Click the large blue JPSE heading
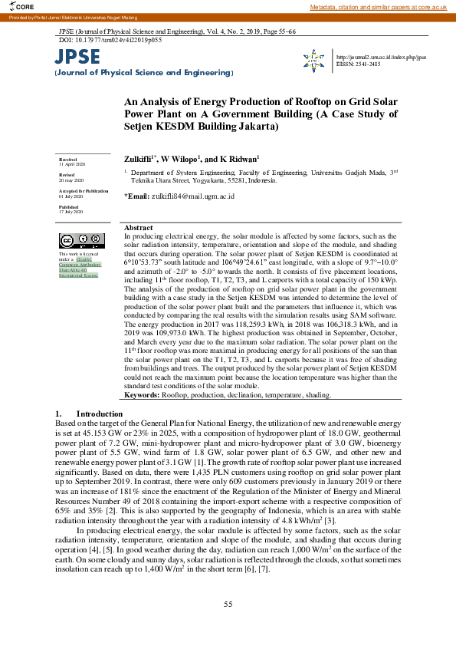tap(77, 57)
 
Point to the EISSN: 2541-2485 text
tap(358, 64)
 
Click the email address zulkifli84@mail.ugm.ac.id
tap(196, 196)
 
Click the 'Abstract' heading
tap(138, 229)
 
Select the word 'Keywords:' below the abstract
tap(142, 395)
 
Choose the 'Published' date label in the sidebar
tap(67, 207)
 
